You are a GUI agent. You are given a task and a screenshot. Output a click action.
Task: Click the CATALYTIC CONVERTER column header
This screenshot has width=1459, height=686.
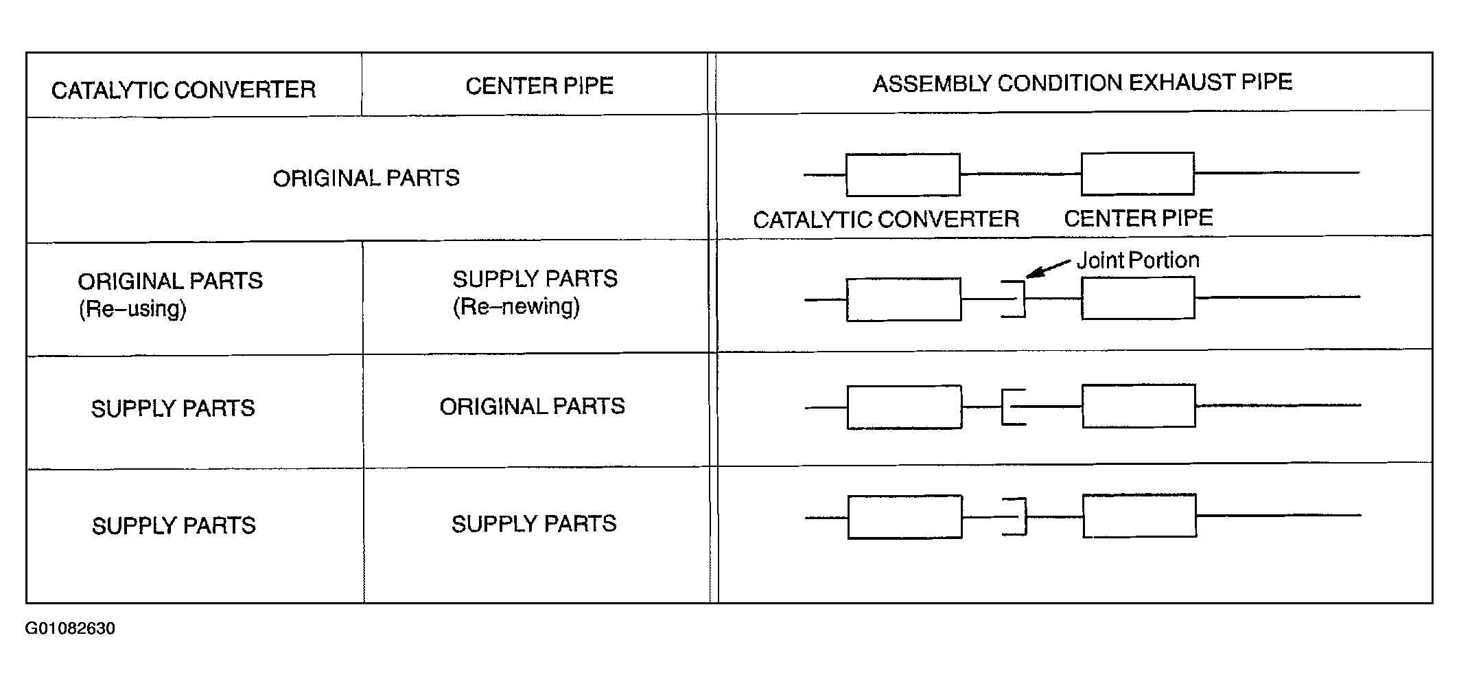pos(184,90)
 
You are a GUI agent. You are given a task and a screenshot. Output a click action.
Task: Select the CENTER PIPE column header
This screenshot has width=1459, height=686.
pos(539,86)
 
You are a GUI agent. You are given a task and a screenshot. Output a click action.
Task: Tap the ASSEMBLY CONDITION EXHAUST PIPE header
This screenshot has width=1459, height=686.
pos(1082,83)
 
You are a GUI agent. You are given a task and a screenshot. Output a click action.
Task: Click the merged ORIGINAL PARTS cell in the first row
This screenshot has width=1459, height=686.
pos(366,179)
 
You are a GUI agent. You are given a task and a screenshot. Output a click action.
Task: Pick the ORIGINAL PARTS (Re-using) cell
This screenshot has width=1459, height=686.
pos(170,295)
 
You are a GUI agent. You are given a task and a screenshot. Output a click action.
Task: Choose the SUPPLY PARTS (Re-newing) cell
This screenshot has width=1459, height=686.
pos(535,292)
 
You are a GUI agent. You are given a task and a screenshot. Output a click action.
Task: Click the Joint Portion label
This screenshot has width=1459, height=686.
pos(1138,260)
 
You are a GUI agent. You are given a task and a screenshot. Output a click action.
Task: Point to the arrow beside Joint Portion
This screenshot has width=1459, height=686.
pos(1048,269)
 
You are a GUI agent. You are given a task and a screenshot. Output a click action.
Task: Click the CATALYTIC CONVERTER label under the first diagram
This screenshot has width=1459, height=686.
pos(886,220)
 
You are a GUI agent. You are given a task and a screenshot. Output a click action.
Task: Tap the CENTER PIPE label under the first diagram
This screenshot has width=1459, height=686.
pos(1139,218)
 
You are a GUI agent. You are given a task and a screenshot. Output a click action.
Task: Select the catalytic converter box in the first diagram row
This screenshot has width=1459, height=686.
pos(902,174)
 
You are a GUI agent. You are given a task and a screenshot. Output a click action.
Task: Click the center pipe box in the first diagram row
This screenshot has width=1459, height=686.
pos(1138,174)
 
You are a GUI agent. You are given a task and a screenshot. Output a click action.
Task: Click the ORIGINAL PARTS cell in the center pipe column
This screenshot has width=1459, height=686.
pos(533,407)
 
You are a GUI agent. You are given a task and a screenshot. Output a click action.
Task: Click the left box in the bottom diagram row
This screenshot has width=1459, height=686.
pos(905,517)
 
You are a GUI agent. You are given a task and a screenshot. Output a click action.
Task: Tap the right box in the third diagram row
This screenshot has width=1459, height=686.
pos(1139,407)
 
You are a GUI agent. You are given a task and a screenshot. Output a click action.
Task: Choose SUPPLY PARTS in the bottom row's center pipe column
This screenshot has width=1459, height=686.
pos(534,524)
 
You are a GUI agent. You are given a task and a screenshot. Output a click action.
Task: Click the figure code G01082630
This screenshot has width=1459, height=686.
pos(70,629)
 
